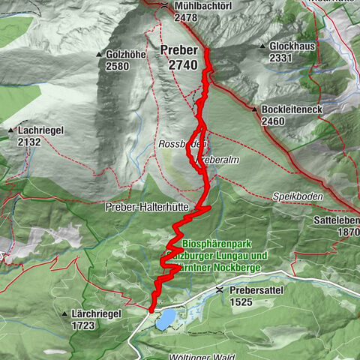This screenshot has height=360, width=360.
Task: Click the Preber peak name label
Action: (x=178, y=50)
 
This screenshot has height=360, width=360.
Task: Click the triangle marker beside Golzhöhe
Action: (x=99, y=55)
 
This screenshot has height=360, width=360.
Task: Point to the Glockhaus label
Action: (x=292, y=46)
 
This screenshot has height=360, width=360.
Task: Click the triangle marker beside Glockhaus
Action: (x=263, y=46)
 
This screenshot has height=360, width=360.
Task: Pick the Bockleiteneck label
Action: (x=297, y=109)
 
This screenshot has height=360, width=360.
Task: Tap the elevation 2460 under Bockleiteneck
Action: (x=274, y=121)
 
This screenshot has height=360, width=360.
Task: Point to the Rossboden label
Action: (x=177, y=143)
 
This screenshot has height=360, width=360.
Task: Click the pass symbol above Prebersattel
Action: (x=218, y=288)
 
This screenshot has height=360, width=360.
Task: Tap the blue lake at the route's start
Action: (x=166, y=319)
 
